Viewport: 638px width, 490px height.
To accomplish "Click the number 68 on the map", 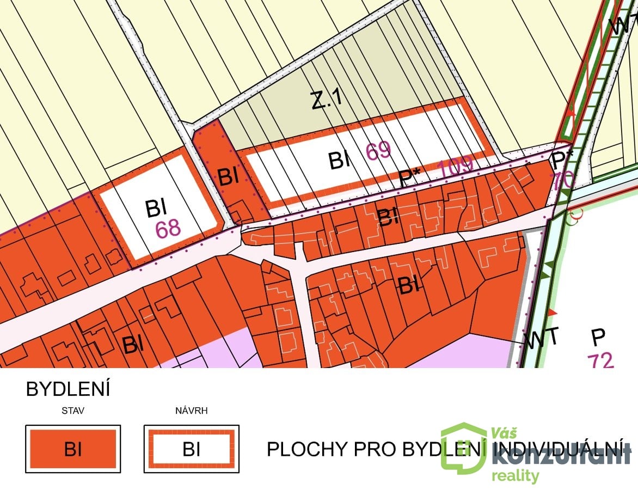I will click(x=168, y=229).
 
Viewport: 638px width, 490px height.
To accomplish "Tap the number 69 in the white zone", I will click(x=378, y=151).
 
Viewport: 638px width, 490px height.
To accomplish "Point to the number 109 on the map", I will click(x=456, y=169).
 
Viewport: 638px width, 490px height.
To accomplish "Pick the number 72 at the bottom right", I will click(x=600, y=360).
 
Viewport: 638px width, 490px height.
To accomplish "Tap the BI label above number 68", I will click(x=156, y=209).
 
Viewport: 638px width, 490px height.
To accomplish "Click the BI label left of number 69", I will click(x=339, y=161).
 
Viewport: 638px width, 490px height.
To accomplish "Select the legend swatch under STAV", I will click(x=73, y=449).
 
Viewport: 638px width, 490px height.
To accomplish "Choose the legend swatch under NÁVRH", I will click(x=191, y=449).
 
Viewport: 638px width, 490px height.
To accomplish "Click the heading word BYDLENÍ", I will click(x=68, y=390).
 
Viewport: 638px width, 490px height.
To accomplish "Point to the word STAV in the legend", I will click(x=73, y=411).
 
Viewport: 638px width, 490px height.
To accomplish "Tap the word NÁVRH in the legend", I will click(x=191, y=411).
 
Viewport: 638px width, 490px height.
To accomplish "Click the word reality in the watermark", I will click(x=516, y=476).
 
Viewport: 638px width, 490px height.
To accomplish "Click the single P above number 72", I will click(x=598, y=338).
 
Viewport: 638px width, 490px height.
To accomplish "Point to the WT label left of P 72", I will click(x=542, y=338).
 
